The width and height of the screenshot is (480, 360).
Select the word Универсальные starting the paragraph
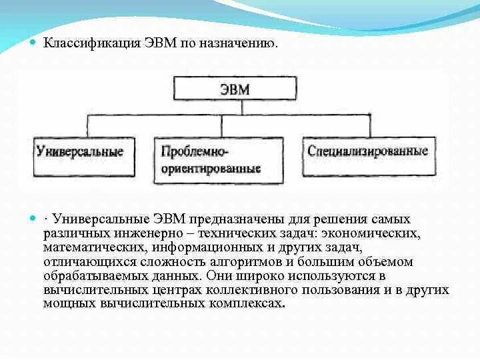coord(101,219)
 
